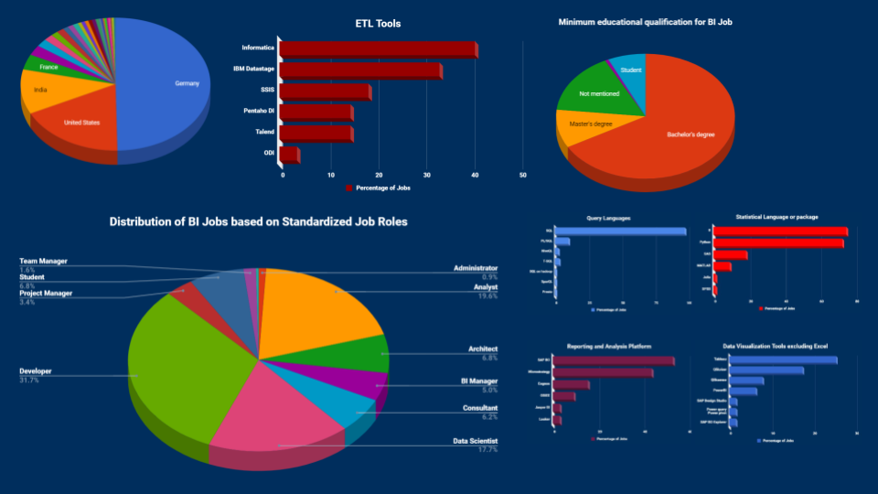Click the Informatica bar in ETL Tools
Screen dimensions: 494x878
[x=378, y=48]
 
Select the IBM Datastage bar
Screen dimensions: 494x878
[x=360, y=70]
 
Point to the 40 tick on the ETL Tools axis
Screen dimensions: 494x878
[x=475, y=174]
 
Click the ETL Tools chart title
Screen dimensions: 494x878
[x=378, y=23]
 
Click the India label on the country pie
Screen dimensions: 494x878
[x=40, y=90]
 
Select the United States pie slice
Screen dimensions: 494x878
[x=82, y=123]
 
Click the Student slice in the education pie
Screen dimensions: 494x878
[x=631, y=70]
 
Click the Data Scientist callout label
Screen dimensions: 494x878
[x=476, y=440]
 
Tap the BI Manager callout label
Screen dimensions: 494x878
[x=478, y=380]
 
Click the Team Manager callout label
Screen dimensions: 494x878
[x=44, y=261]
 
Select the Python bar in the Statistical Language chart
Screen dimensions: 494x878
[x=778, y=242]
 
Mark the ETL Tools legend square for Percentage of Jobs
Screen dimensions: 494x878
[x=348, y=188]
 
